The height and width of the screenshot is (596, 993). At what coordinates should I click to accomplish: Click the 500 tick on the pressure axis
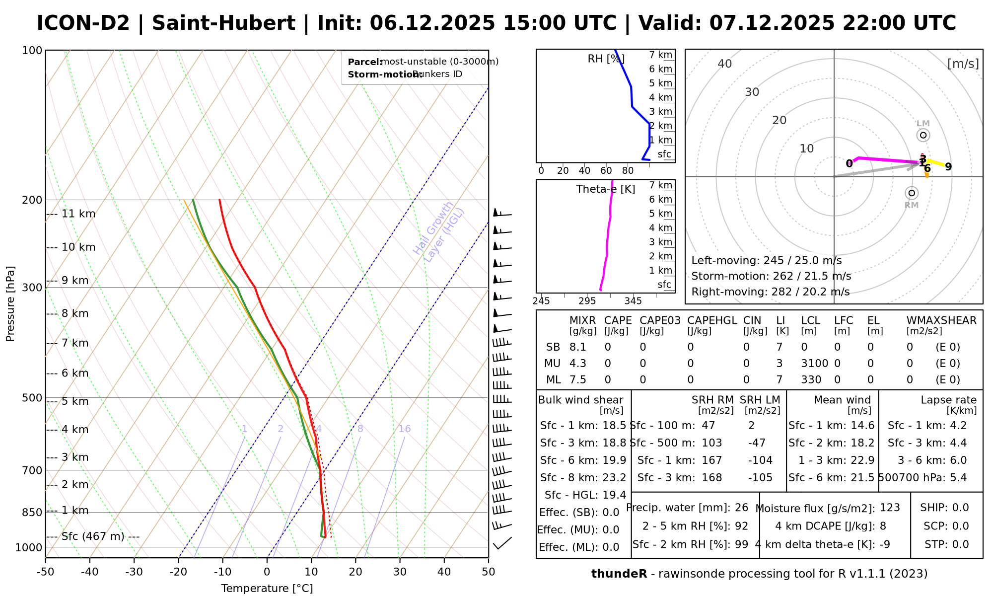click(x=32, y=398)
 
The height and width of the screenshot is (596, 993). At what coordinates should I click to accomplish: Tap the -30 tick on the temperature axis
click(x=134, y=572)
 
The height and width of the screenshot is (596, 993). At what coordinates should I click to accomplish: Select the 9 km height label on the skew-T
click(x=74, y=280)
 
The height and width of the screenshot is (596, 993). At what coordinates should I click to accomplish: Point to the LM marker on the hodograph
click(x=923, y=135)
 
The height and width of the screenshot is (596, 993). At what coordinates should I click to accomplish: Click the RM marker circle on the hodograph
click(x=912, y=193)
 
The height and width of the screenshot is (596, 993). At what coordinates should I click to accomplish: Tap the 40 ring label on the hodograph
click(x=725, y=64)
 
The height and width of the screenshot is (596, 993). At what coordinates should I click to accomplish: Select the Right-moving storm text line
click(x=770, y=292)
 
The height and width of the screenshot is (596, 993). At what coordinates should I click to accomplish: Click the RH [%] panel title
click(x=606, y=59)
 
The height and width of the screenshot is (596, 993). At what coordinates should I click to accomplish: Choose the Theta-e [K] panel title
click(x=606, y=189)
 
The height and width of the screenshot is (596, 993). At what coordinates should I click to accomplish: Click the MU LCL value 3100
click(x=814, y=364)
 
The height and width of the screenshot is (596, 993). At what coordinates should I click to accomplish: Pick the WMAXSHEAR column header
click(x=941, y=320)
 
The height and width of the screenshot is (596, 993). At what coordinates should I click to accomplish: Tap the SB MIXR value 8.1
click(x=578, y=347)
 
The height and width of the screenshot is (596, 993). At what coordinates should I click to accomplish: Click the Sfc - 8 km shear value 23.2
click(x=614, y=478)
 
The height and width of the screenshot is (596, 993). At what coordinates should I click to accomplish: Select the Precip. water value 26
click(x=741, y=508)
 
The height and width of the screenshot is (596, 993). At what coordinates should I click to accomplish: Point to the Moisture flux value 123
click(x=890, y=508)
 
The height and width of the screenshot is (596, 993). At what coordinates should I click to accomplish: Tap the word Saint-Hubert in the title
click(x=223, y=23)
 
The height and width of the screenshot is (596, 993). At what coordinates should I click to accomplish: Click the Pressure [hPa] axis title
click(x=10, y=303)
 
